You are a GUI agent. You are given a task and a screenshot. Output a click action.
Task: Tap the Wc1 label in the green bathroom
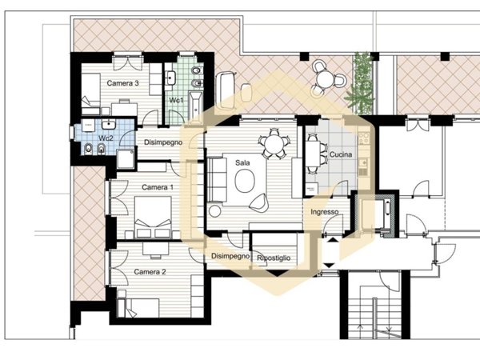point(176,100)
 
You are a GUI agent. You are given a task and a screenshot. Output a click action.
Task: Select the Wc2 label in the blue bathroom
point(106,138)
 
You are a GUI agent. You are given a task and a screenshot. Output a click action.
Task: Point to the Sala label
point(242,162)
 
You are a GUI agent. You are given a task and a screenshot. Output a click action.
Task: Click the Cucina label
point(341,154)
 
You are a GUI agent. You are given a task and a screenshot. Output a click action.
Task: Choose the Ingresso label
point(325,212)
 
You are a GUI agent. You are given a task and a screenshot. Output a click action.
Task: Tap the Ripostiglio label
point(274,258)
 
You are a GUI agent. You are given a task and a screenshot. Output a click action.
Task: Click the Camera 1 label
point(158,187)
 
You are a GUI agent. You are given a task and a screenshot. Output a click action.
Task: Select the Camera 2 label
point(150,272)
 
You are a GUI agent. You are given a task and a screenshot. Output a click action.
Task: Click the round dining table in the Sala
point(274,143)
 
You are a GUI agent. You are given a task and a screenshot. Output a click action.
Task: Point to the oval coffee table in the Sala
point(245,181)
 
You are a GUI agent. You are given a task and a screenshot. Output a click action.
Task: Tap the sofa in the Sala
point(217,179)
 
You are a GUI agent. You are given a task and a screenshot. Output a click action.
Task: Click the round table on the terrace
point(325,78)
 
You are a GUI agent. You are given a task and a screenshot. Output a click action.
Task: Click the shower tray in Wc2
point(126,159)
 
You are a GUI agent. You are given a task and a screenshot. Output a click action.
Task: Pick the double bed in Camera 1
point(153,217)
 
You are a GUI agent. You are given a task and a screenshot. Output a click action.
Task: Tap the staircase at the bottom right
point(375,312)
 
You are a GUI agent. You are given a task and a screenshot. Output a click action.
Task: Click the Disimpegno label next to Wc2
point(163,142)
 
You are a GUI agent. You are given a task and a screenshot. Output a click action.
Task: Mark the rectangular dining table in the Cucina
point(313,154)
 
